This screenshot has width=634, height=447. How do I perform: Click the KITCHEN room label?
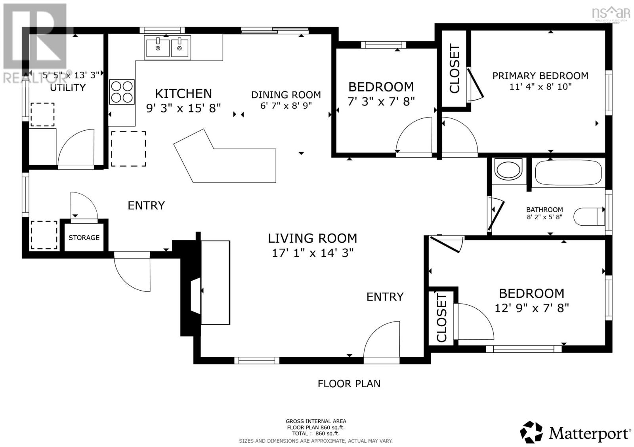(183, 93)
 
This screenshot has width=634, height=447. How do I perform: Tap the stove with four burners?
(122, 92)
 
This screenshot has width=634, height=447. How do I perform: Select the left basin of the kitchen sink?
(157, 47)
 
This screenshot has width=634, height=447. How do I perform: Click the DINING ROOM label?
(286, 95)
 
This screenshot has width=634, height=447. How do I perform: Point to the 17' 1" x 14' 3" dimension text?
(312, 253)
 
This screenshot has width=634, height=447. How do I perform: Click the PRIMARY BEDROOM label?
(540, 76)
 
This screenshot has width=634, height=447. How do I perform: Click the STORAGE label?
(84, 238)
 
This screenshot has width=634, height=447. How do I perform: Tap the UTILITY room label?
(68, 87)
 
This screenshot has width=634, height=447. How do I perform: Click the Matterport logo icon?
(531, 432)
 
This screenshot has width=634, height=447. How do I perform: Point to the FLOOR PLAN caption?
(349, 384)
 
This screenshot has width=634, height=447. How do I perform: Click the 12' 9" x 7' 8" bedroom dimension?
(531, 308)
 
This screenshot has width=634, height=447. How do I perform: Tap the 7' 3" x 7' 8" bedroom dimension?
(381, 102)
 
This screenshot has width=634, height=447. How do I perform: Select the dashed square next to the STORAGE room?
(44, 235)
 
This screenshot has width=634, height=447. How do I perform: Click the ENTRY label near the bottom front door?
(384, 297)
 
